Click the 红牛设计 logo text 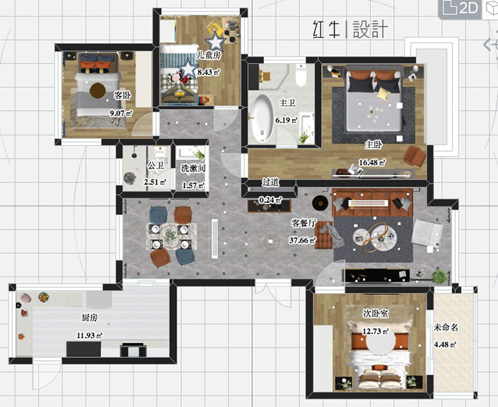tap(349, 29)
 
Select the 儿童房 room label tap(209, 54)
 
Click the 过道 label tap(270, 182)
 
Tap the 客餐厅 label tap(304, 223)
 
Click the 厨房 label tap(89, 318)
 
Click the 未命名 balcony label tap(445, 328)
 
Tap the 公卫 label tap(155, 166)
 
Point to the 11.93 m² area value tap(89, 335)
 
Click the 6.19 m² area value tap(287, 120)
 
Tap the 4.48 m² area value tap(445, 345)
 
